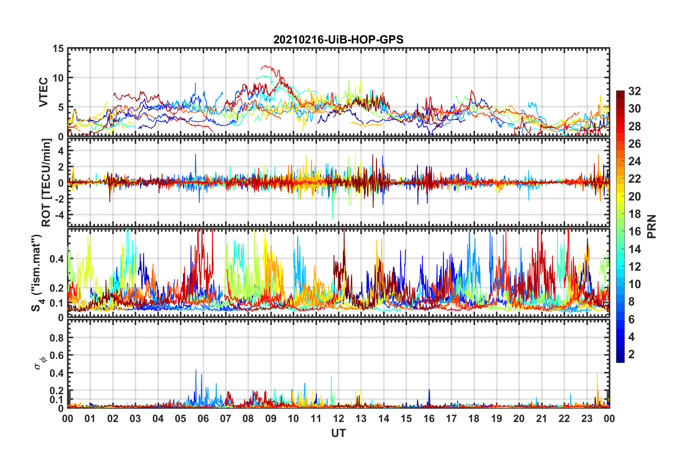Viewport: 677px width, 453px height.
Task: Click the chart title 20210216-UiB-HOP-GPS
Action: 338,40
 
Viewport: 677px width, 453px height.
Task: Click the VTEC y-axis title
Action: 43,92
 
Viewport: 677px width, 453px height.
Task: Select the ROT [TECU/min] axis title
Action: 46,183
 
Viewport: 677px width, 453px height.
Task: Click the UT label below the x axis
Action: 338,433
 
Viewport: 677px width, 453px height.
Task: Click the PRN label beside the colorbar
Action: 651,226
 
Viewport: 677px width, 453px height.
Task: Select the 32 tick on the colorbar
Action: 634,91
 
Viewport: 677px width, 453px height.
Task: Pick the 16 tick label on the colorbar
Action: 634,231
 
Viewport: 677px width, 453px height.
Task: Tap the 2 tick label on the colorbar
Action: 631,354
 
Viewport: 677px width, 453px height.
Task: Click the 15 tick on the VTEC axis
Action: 58,48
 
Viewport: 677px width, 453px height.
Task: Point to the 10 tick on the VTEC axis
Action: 58,78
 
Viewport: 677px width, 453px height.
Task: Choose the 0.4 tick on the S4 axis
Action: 57,259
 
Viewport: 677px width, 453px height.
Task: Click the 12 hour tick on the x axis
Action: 338,418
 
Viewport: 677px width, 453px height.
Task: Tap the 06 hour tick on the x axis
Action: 203,418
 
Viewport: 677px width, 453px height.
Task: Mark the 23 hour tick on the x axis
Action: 587,418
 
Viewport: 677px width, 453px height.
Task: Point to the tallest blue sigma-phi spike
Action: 196,370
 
